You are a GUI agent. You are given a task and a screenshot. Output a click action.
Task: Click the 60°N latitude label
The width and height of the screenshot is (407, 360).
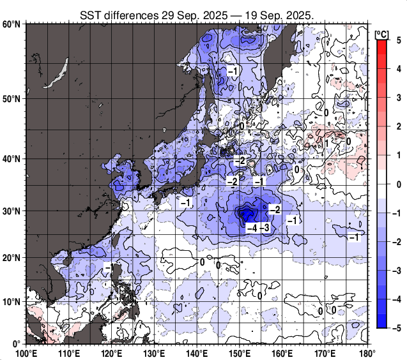pos(12,24)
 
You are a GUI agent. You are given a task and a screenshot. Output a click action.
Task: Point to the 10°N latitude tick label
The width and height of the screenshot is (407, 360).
pos(12,301)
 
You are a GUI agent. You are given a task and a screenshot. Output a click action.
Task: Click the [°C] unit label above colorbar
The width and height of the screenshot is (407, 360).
pos(382,33)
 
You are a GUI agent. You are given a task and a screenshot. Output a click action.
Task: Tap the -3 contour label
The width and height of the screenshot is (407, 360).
pos(265,228)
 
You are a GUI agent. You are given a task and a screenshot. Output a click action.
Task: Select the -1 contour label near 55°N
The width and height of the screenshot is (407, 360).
pos(233,71)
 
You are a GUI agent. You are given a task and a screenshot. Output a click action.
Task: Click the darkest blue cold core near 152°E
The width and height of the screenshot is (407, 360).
pos(247,213)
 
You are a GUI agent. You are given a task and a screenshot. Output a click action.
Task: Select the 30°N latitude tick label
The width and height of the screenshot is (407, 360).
pos(12,211)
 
